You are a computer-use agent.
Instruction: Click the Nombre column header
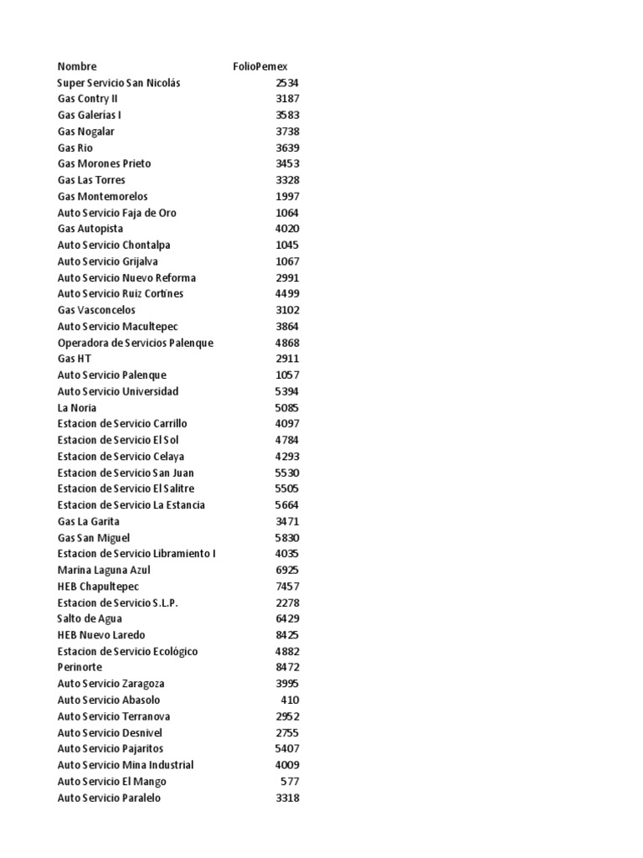(77, 66)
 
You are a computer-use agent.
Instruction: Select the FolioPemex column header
(260, 66)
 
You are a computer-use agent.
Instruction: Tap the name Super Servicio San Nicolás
(119, 83)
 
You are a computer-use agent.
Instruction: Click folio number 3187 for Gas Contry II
(287, 99)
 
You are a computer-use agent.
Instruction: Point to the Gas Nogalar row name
(86, 132)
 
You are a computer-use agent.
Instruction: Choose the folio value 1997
(287, 196)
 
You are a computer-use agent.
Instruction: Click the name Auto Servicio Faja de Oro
(117, 213)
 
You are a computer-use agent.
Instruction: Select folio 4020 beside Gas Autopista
(287, 229)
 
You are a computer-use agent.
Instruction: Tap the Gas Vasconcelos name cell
(96, 310)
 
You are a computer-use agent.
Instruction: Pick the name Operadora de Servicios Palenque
(136, 343)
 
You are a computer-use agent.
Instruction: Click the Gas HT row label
(75, 359)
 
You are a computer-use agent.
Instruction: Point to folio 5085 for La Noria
(287, 408)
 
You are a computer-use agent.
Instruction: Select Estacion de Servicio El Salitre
(126, 488)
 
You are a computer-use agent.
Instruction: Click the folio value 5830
(287, 538)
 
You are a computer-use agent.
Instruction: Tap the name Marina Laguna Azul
(104, 570)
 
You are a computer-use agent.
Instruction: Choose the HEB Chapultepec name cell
(98, 587)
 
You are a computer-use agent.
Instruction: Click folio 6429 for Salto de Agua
(287, 618)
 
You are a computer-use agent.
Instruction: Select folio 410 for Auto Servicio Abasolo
(291, 700)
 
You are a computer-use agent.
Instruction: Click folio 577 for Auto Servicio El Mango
(291, 782)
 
